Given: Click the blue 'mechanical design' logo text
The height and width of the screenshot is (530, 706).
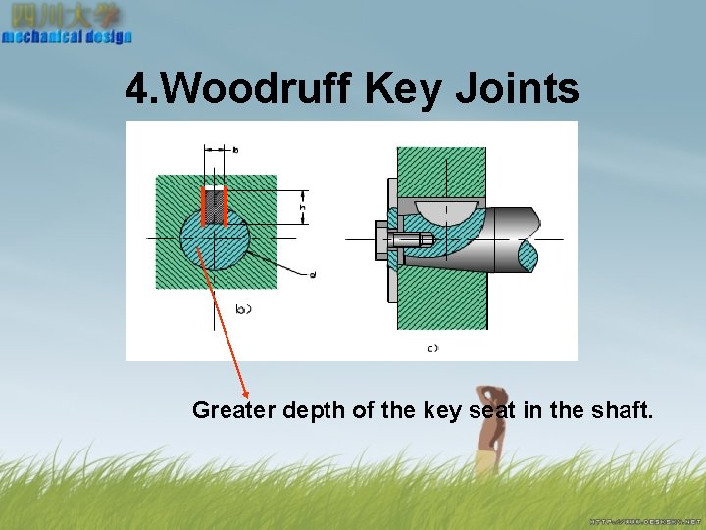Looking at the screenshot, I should click(67, 37).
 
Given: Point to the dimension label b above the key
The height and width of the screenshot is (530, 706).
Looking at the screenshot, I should click(235, 150).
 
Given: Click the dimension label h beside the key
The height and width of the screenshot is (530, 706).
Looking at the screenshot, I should click(303, 207).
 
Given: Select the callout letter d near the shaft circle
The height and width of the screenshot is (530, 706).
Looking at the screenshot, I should click(312, 275).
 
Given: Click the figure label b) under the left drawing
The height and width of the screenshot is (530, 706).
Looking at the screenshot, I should click(244, 309).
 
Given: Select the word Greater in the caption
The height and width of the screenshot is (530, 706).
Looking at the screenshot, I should click(233, 410).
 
